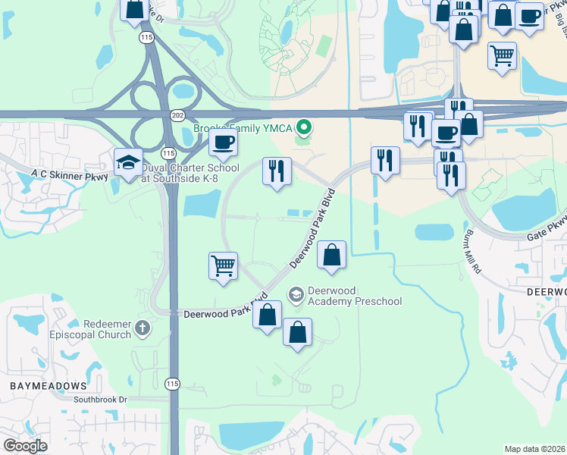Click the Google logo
(x=25, y=446)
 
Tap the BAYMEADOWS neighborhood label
(x=42, y=386)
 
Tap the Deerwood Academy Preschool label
(x=354, y=297)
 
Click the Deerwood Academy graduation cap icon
(x=296, y=293)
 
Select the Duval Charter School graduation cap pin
(x=128, y=162)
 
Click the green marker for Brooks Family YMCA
(x=304, y=127)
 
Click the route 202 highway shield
(x=177, y=115)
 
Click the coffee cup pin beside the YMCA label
(x=222, y=142)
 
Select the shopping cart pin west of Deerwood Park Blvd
(x=223, y=266)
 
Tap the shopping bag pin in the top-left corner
(x=134, y=9)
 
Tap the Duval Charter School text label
(x=190, y=173)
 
